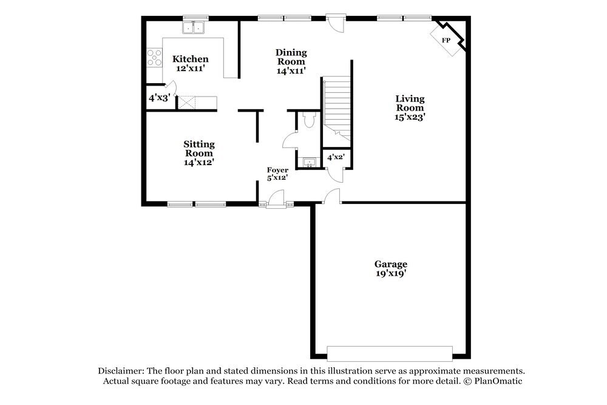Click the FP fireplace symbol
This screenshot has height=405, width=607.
click(447, 40)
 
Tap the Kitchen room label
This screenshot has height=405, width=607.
click(191, 59)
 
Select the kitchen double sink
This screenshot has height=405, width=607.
click(195, 27)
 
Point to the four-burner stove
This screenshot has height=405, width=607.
click(154, 57)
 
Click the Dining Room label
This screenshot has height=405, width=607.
click(291, 57)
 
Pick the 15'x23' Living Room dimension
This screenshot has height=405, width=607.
click(410, 117)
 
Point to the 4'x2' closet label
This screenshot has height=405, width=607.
click(336, 157)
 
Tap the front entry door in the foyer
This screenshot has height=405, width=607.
click(276, 200)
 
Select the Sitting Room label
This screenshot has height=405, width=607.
click(199, 149)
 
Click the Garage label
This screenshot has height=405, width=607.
click(390, 264)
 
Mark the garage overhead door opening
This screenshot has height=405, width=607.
click(390, 353)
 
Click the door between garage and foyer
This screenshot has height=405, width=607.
click(331, 196)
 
